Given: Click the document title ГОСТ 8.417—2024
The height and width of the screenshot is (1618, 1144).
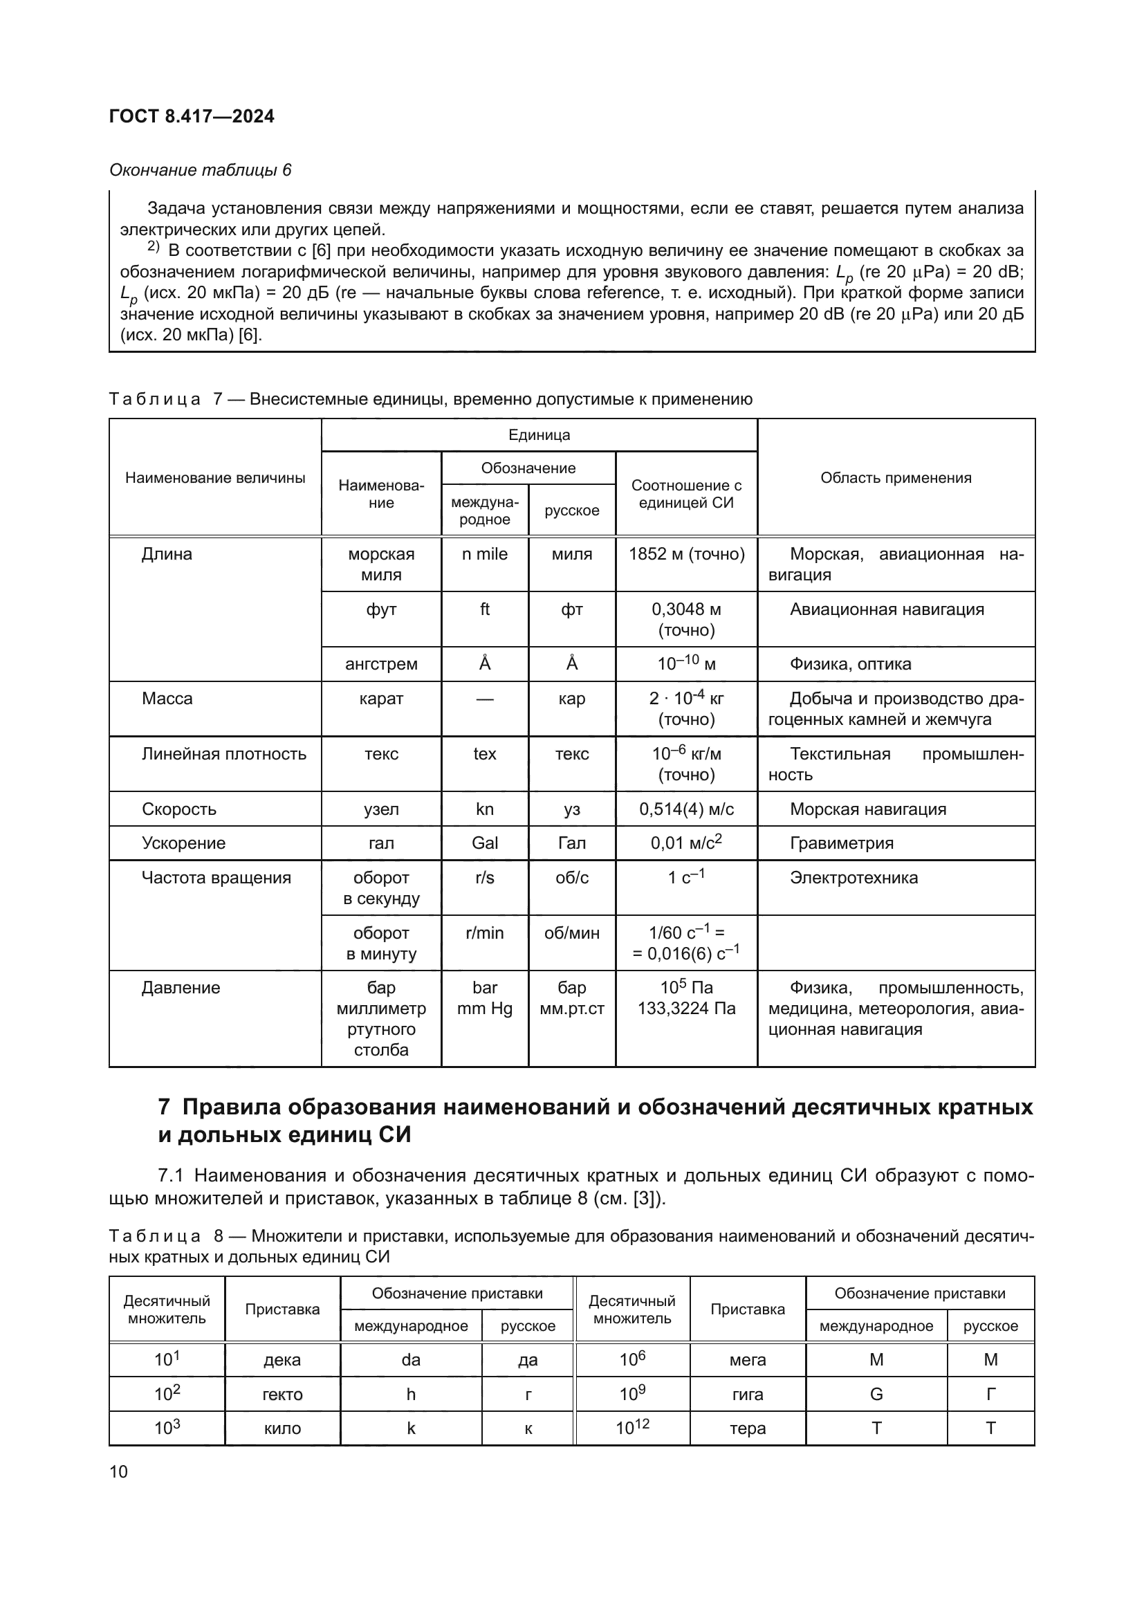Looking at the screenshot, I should [192, 116].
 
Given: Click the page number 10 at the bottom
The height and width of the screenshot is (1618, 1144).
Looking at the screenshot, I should [118, 1471].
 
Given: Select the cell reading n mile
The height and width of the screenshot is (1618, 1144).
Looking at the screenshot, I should [485, 554].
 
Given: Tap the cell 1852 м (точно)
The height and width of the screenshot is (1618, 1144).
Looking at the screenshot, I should [686, 554].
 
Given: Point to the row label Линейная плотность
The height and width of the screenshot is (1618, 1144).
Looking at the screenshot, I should [223, 754].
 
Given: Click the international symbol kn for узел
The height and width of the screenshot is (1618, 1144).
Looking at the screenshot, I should [485, 809].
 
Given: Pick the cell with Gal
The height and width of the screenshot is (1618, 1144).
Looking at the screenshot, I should [485, 843].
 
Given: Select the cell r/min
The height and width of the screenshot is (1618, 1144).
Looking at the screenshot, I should [485, 933].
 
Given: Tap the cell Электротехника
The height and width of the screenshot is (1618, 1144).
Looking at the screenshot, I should [853, 877].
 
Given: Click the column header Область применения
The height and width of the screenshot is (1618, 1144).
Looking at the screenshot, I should [895, 478].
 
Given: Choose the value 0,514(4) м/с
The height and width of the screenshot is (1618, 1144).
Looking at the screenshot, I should [686, 809].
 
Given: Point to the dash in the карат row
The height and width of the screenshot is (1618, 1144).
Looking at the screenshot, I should [485, 699].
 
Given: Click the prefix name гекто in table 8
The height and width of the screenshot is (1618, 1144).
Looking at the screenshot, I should [282, 1394].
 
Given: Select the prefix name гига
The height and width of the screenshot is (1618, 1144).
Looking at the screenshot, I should [748, 1394].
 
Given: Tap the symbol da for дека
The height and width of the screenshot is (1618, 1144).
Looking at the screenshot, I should [411, 1359].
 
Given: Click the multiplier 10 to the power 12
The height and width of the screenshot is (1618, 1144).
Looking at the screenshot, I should [632, 1428].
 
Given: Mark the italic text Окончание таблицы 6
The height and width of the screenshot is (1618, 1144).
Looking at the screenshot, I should [200, 170].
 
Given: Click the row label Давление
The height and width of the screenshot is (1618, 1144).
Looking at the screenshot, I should [181, 988].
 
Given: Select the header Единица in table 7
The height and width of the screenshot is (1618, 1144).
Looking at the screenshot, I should [539, 435].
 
